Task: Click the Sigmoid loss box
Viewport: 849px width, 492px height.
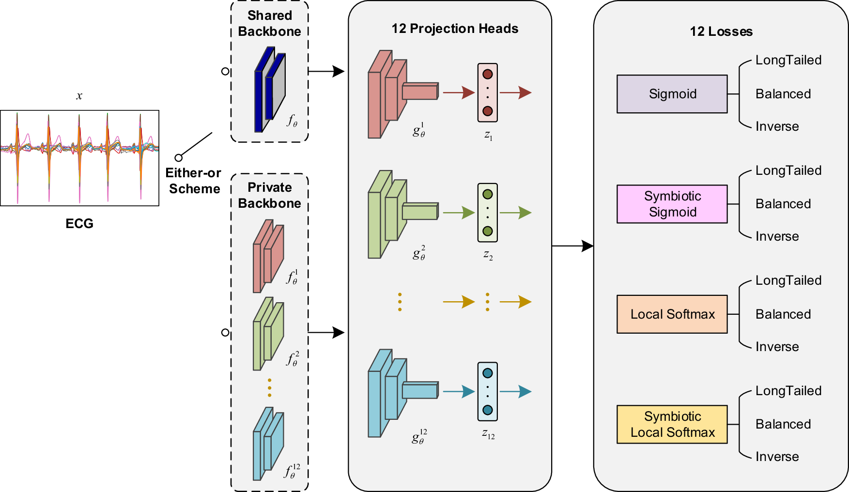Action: (x=672, y=94)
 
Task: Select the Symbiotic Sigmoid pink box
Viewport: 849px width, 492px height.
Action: (x=672, y=204)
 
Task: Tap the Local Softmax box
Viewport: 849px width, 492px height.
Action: (x=672, y=314)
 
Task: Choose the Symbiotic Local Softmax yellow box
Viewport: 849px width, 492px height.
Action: (x=672, y=424)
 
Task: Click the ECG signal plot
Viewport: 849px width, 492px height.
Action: (x=79, y=158)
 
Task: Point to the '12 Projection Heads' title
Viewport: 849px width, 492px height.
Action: (x=454, y=29)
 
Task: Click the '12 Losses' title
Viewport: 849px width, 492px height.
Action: (x=721, y=31)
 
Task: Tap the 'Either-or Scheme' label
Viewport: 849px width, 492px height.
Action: (x=193, y=181)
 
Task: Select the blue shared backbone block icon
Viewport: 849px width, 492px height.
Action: (x=270, y=90)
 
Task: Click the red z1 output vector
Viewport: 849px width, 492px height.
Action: (x=488, y=92)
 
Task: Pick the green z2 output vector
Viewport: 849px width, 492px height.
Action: (x=488, y=213)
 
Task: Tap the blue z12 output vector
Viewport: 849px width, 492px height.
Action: (x=488, y=391)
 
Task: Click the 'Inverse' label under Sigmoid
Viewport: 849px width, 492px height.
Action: (x=777, y=126)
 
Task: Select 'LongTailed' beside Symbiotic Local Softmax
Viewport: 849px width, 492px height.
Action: (x=788, y=391)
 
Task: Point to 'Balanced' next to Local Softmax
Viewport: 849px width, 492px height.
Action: (x=783, y=314)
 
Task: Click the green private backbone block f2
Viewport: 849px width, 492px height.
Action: (x=268, y=334)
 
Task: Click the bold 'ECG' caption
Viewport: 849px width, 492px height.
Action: (x=79, y=224)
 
